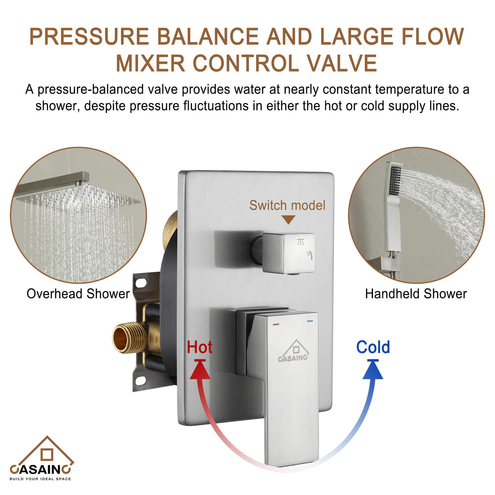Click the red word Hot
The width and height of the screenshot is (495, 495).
(199, 347)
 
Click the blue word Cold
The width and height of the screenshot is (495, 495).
(373, 347)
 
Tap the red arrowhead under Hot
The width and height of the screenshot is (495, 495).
(200, 371)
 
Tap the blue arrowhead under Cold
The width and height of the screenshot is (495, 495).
(373, 371)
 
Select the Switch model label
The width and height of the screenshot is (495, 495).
(287, 205)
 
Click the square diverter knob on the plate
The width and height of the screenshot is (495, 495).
(289, 253)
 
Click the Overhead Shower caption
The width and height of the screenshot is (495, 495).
(78, 294)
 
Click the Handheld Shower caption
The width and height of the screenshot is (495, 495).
(416, 294)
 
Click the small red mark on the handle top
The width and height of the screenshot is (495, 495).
(276, 324)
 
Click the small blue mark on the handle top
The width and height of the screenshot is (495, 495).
(310, 321)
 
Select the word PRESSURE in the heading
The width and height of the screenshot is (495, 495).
(89, 37)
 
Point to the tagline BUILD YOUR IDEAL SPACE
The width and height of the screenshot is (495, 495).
(40, 479)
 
